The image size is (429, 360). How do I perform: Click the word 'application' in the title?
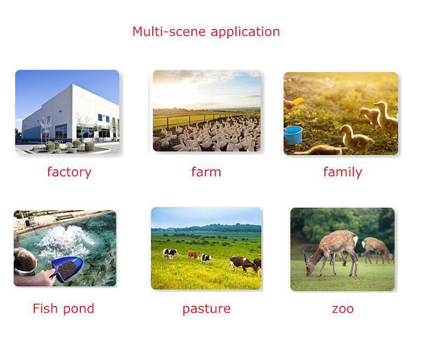coord(246,32)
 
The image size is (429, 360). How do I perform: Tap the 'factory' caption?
coord(69,172)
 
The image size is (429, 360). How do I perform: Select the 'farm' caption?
coord(206,172)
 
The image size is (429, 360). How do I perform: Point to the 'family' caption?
coord(343,172)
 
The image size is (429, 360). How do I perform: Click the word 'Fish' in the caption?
coord(45,308)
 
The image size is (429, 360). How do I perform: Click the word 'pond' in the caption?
coord(79,309)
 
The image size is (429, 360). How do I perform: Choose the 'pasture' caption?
coord(206,309)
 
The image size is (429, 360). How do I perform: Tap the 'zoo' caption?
coord(343,309)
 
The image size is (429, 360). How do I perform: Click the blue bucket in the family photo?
coord(293,135)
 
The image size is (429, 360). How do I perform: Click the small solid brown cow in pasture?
coord(193,255)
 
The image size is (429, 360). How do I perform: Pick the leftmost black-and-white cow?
coord(170,254)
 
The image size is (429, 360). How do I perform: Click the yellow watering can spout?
coord(298,101)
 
